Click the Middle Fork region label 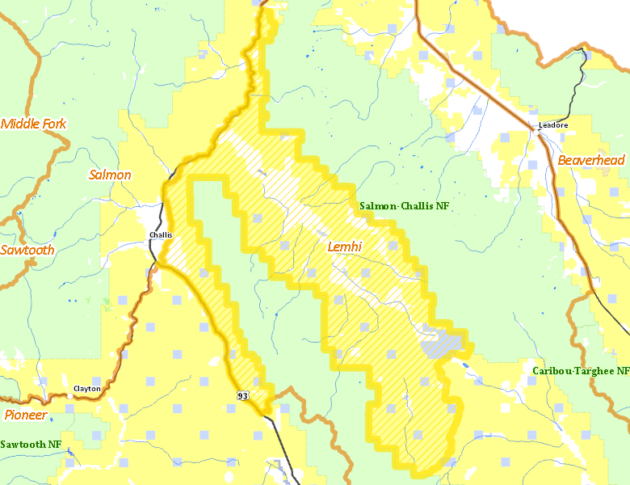(x=34, y=124)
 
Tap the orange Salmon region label (x=110, y=175)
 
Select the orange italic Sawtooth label (x=27, y=250)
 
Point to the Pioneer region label (x=25, y=415)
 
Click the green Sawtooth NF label (x=31, y=444)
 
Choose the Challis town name (x=161, y=235)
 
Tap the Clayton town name (x=87, y=388)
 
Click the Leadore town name (x=553, y=125)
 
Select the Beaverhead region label (x=591, y=160)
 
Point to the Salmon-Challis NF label (x=404, y=206)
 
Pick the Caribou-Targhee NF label (x=581, y=370)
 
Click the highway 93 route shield (x=243, y=395)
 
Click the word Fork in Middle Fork (x=52, y=124)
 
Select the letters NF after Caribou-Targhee (x=622, y=370)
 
